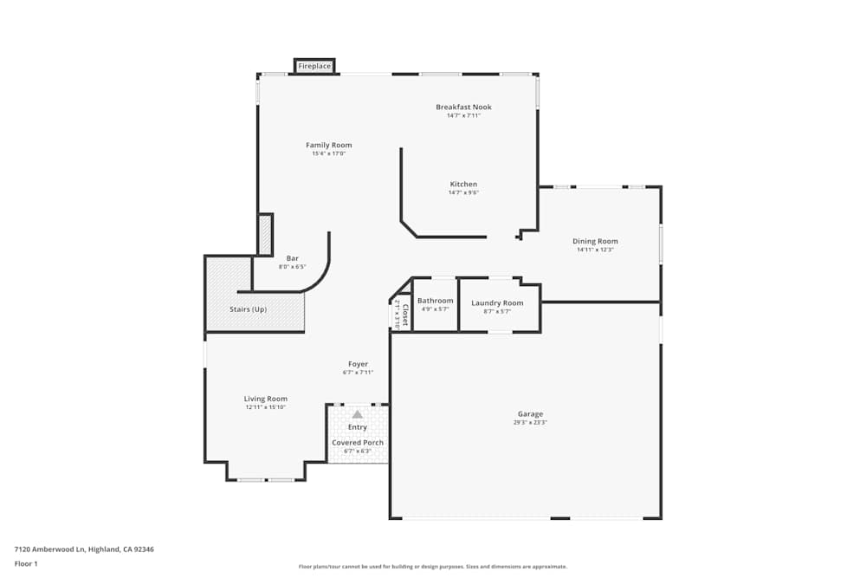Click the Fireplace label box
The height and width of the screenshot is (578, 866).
pyautogui.click(x=314, y=66)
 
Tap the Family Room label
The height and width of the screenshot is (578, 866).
pyautogui.click(x=329, y=145)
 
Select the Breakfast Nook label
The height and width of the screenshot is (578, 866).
pyautogui.click(x=463, y=107)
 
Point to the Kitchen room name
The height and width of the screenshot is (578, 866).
pyautogui.click(x=463, y=184)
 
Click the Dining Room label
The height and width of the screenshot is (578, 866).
pyautogui.click(x=595, y=241)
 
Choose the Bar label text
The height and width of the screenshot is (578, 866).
pyautogui.click(x=293, y=257)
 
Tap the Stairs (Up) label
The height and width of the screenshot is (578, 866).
pyautogui.click(x=248, y=309)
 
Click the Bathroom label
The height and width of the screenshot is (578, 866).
pyautogui.click(x=435, y=301)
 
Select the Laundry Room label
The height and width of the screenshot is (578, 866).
pyautogui.click(x=497, y=302)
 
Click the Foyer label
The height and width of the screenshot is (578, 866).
pyautogui.click(x=358, y=364)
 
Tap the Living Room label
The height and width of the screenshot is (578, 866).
pyautogui.click(x=265, y=399)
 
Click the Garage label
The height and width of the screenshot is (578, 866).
pyautogui.click(x=530, y=414)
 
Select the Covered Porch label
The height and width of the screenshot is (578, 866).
pyautogui.click(x=358, y=442)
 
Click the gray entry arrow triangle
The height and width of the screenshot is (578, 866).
pyautogui.click(x=358, y=414)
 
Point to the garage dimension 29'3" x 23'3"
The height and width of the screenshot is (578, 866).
pyautogui.click(x=530, y=422)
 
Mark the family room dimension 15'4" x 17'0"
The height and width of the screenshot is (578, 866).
pyautogui.click(x=329, y=153)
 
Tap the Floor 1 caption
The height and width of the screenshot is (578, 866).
pyautogui.click(x=26, y=563)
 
